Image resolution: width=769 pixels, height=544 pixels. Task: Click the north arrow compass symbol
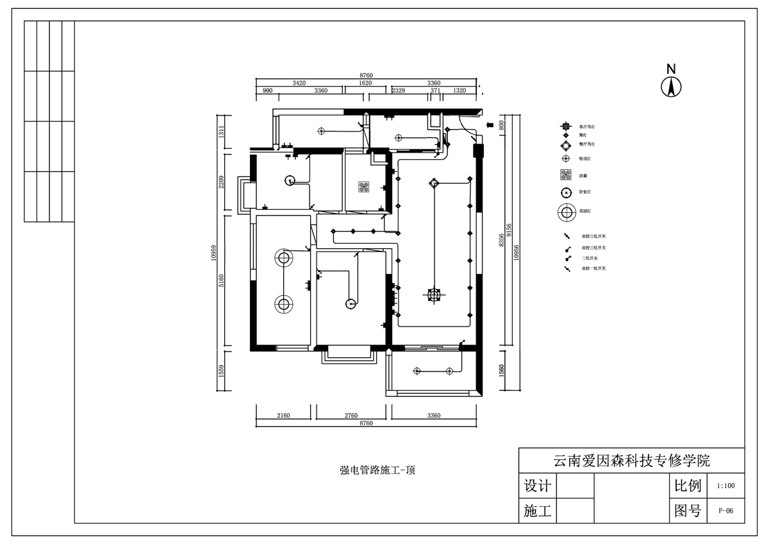click(671, 87)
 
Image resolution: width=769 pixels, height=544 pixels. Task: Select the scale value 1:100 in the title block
click(725, 486)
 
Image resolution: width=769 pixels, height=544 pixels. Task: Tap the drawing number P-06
click(725, 511)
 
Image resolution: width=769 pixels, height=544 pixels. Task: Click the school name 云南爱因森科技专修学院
click(631, 461)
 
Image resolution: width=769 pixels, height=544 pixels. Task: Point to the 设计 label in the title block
click(537, 486)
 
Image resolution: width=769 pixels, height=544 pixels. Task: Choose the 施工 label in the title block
click(537, 511)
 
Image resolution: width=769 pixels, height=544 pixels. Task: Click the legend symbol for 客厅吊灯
click(566, 127)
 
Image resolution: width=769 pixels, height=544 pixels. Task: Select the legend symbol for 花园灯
click(566, 211)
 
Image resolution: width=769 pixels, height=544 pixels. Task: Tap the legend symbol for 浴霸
click(566, 174)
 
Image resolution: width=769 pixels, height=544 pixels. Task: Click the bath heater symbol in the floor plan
click(364, 187)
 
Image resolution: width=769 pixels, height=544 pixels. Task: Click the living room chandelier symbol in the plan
click(434, 294)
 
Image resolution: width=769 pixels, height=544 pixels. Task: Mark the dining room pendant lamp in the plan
click(434, 183)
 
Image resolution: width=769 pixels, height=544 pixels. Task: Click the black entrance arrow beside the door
click(490, 125)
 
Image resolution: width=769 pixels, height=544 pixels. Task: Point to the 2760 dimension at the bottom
click(351, 416)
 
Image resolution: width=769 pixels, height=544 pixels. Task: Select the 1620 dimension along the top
click(365, 83)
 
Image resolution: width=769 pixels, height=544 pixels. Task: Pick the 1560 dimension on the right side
click(502, 370)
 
